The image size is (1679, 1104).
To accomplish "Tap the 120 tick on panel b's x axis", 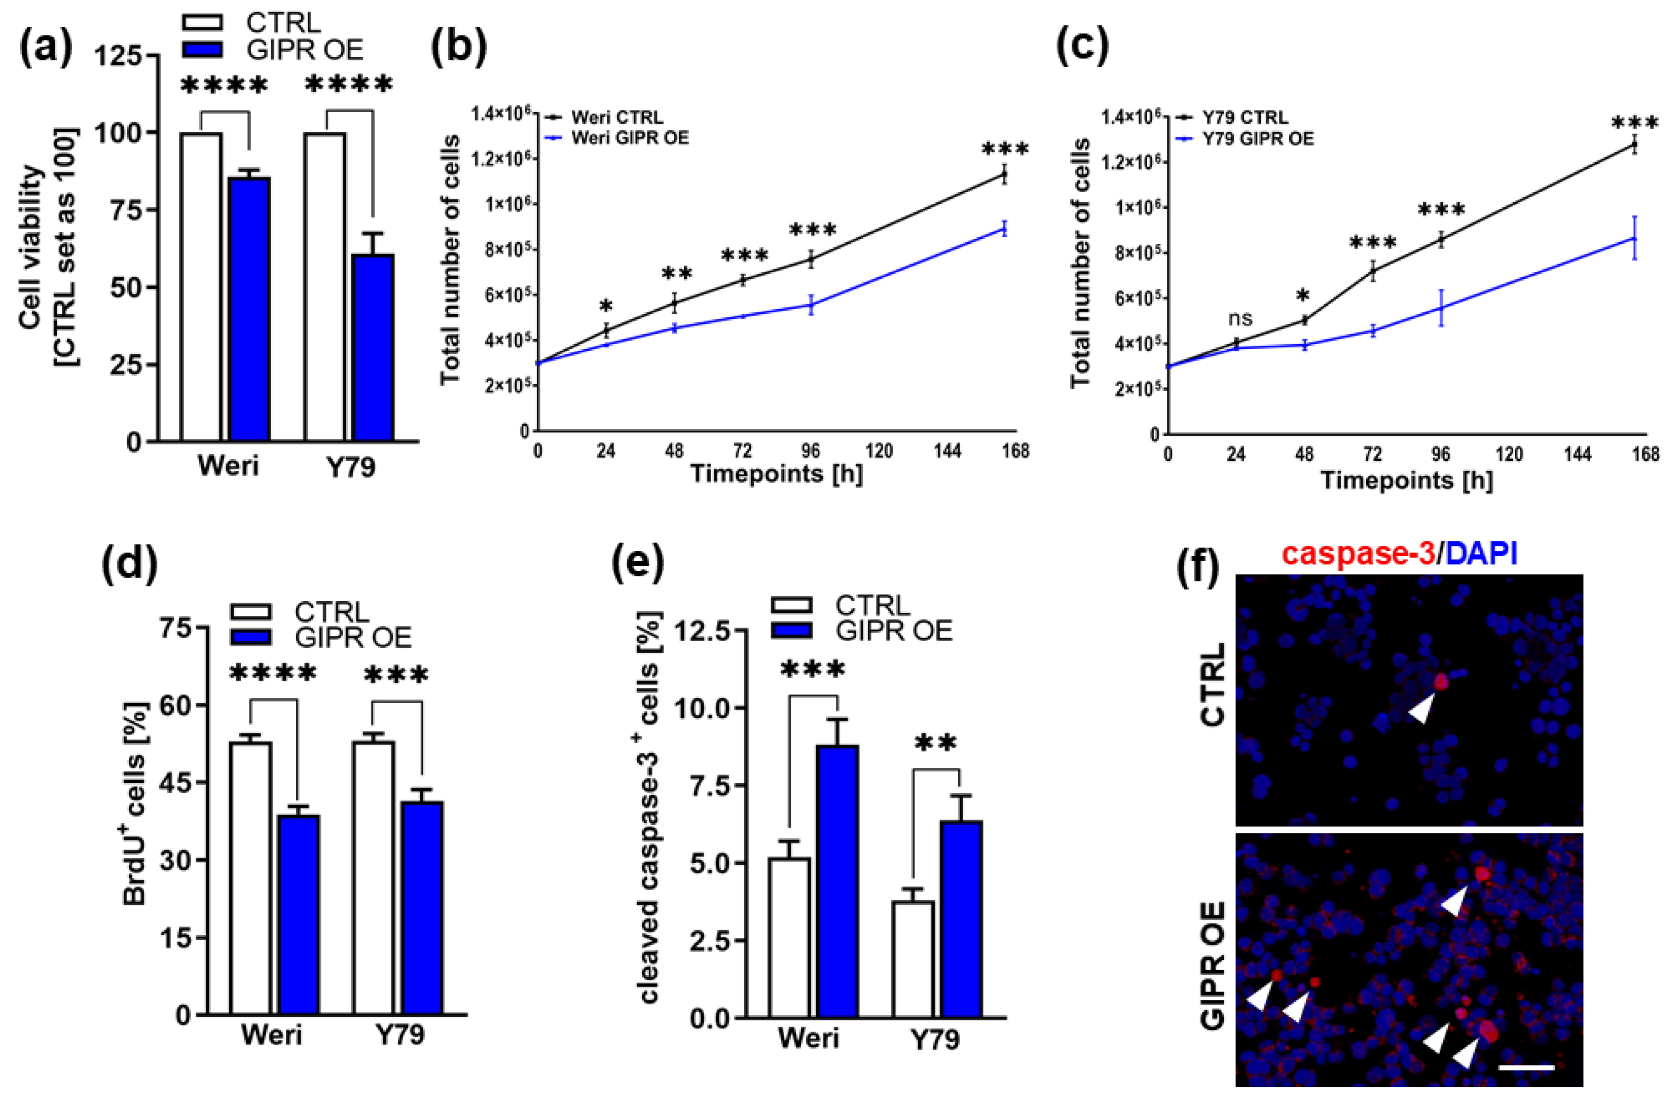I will pos(879,451).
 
